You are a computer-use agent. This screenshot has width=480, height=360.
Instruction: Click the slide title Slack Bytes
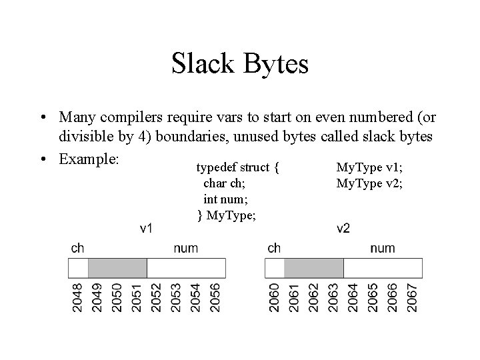240,65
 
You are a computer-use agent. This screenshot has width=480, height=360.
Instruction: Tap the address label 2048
78,297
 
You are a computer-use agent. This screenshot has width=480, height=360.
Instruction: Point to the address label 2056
215,297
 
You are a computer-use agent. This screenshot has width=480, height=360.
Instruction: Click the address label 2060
275,297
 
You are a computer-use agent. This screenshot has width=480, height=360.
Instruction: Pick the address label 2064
353,297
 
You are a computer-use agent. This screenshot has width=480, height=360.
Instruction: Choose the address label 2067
411,297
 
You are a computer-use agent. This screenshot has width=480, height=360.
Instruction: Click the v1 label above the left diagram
147,229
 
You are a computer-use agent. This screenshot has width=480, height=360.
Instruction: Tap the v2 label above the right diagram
343,229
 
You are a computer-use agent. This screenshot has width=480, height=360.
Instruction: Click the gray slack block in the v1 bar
117,269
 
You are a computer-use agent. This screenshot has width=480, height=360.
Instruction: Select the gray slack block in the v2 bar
314,269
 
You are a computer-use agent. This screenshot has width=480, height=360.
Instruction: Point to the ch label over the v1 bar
77,249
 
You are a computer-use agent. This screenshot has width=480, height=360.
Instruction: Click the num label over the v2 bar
383,249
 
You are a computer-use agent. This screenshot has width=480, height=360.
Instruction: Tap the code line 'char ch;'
228,182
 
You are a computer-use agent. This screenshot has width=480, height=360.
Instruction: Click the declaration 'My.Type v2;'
369,182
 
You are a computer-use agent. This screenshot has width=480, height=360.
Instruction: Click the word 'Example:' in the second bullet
89,160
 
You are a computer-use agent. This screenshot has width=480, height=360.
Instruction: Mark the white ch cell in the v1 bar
79,269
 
